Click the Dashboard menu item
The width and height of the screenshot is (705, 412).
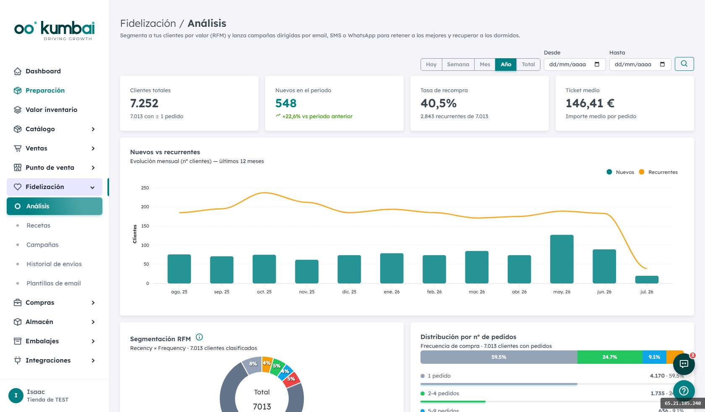coord(43,71)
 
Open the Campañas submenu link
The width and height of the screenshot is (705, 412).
coord(42,244)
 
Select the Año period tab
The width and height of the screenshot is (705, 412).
coord(506,65)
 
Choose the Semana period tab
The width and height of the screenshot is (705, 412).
coord(458,65)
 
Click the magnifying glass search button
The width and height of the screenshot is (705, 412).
coord(684,64)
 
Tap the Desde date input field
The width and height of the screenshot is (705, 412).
coord(575,65)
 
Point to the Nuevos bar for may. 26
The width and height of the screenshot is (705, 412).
coord(562,259)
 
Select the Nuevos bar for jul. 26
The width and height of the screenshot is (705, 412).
coord(647,280)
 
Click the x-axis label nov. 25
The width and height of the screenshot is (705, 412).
coord(306,292)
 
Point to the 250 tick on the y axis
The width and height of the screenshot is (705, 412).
coord(145,188)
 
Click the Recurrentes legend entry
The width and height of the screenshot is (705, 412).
coord(658,172)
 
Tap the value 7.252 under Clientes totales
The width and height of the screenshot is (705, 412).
coord(144,103)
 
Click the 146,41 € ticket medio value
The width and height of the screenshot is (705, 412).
coord(590,103)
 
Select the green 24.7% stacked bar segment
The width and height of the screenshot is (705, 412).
coord(610,357)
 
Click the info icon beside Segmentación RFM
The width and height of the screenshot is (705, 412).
coord(199,337)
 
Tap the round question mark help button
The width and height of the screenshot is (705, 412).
coord(684,391)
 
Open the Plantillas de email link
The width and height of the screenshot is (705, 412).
coord(54,283)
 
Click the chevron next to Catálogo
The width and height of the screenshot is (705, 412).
coord(93,129)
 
